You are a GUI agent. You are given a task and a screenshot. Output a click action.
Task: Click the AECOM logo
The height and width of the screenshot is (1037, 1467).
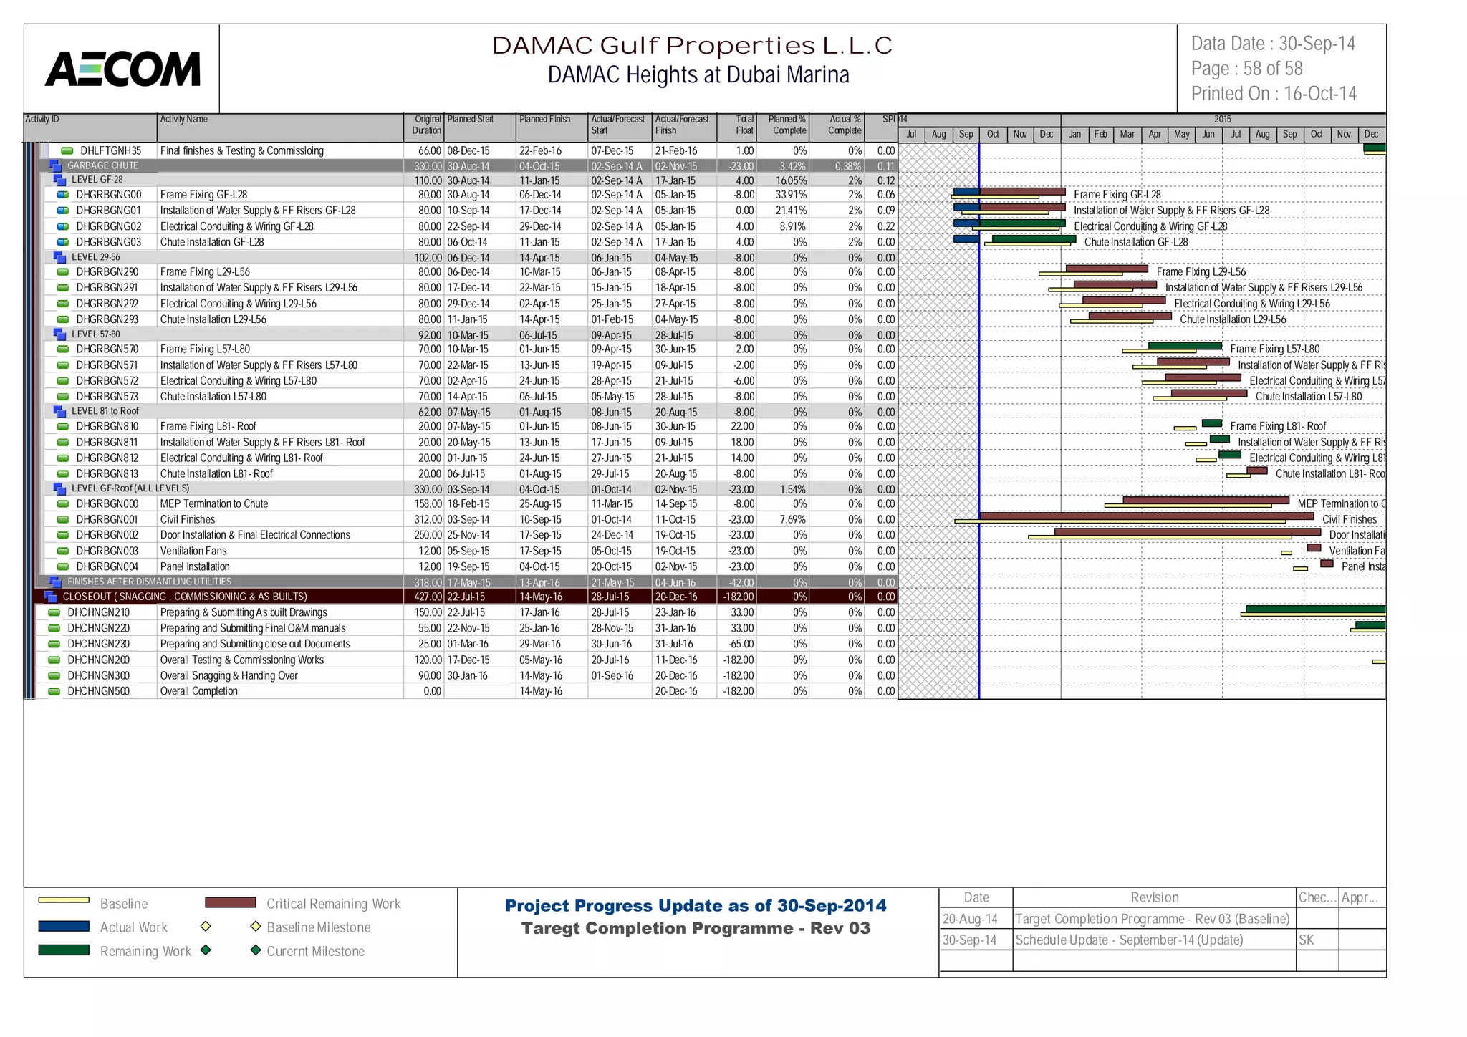pyautogui.click(x=122, y=69)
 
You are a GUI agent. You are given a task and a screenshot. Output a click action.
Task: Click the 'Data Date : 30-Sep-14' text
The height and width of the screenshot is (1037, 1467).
pyautogui.click(x=1272, y=44)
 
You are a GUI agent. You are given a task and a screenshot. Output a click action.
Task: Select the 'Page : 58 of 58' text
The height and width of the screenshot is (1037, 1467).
pyautogui.click(x=1246, y=69)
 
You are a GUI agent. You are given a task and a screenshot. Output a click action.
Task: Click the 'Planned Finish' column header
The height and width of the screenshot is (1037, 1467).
pyautogui.click(x=544, y=120)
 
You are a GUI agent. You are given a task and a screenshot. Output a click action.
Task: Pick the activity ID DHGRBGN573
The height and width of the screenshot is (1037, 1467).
pyautogui.click(x=107, y=397)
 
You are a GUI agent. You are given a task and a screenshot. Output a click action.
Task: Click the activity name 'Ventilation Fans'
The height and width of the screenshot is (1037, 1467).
pyautogui.click(x=193, y=551)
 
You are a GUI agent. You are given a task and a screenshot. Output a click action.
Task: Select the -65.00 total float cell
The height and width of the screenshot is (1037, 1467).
pyautogui.click(x=738, y=644)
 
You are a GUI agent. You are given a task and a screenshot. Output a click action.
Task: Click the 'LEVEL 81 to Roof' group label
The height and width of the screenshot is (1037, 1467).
pyautogui.click(x=105, y=411)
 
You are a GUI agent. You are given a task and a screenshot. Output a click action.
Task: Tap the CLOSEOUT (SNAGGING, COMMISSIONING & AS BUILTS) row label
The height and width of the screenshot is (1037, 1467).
pyautogui.click(x=184, y=597)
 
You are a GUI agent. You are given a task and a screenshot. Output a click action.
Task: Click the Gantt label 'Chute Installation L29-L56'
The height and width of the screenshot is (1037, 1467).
pyautogui.click(x=1232, y=319)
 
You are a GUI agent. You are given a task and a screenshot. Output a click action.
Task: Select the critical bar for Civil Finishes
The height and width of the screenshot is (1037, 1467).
pyautogui.click(x=1146, y=516)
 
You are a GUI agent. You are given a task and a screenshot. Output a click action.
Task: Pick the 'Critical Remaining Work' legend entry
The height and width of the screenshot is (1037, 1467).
pyautogui.click(x=333, y=904)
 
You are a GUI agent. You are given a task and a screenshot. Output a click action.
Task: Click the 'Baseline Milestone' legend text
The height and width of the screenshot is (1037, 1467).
pyautogui.click(x=318, y=927)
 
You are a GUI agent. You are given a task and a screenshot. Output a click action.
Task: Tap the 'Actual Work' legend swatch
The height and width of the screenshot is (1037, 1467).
pyautogui.click(x=64, y=927)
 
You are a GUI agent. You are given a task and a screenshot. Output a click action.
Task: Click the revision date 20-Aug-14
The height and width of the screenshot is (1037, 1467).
pyautogui.click(x=970, y=919)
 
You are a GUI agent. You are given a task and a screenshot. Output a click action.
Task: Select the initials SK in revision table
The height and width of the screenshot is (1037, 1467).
pyautogui.click(x=1306, y=940)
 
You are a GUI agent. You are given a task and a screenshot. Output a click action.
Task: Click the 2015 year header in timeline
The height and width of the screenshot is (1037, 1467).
pyautogui.click(x=1222, y=119)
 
